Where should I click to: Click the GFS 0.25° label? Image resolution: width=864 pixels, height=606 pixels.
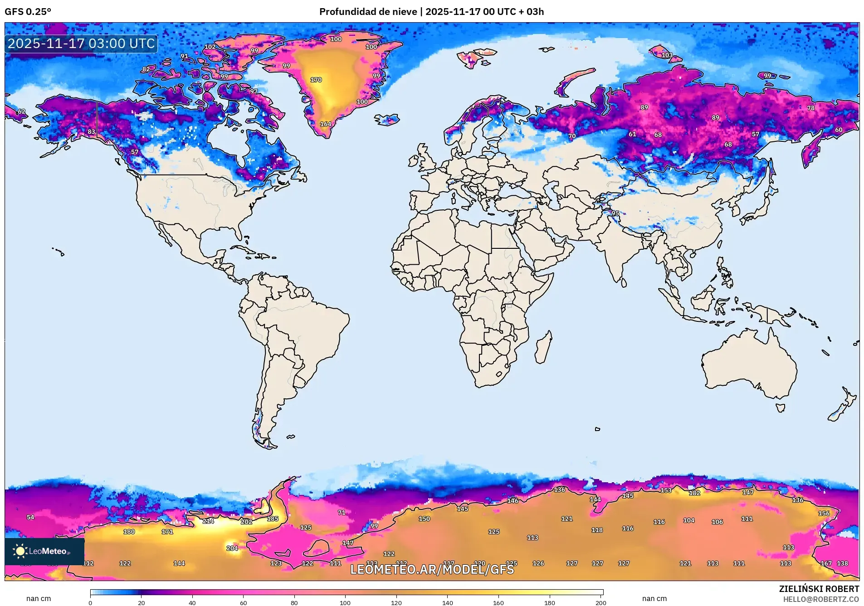tap(28, 12)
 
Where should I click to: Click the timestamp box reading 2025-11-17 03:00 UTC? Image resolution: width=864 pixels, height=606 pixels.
tap(81, 44)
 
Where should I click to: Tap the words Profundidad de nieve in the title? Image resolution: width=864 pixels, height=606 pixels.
tap(368, 12)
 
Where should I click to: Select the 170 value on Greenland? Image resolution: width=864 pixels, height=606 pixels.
tap(316, 80)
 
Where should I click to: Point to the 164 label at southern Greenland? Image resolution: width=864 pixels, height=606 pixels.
tap(326, 124)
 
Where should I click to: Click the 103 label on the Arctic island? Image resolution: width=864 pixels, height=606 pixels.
tap(667, 55)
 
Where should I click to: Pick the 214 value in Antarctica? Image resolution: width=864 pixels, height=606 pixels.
tap(208, 521)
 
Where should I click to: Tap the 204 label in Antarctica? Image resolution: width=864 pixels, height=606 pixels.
tap(232, 548)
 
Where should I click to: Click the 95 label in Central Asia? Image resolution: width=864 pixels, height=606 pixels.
tap(615, 213)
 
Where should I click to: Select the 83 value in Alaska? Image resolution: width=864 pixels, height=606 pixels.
tap(92, 132)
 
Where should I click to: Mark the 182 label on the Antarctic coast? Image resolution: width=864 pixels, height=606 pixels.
tap(694, 493)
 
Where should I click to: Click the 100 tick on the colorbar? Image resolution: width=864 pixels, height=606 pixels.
tap(345, 603)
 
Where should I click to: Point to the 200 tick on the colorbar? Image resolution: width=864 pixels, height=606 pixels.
tap(600, 603)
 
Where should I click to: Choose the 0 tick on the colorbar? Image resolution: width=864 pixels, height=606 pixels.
tap(90, 603)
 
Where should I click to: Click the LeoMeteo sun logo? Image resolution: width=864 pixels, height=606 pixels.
tap(20, 551)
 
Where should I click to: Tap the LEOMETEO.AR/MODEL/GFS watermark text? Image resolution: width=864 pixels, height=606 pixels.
tap(432, 569)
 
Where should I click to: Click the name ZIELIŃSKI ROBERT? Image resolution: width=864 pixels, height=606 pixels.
tap(819, 589)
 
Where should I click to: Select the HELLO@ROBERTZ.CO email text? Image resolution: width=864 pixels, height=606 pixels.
tap(821, 599)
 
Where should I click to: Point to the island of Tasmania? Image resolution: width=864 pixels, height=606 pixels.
tap(780, 408)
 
